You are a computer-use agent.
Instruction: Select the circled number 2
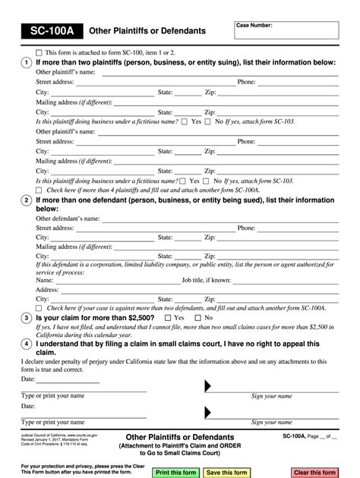pyautogui.click(x=27, y=200)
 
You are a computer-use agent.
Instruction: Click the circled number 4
pyautogui.click(x=27, y=342)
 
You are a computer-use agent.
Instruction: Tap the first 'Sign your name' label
pyautogui.click(x=271, y=396)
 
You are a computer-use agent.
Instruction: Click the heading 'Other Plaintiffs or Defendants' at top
pyautogui.click(x=147, y=31)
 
